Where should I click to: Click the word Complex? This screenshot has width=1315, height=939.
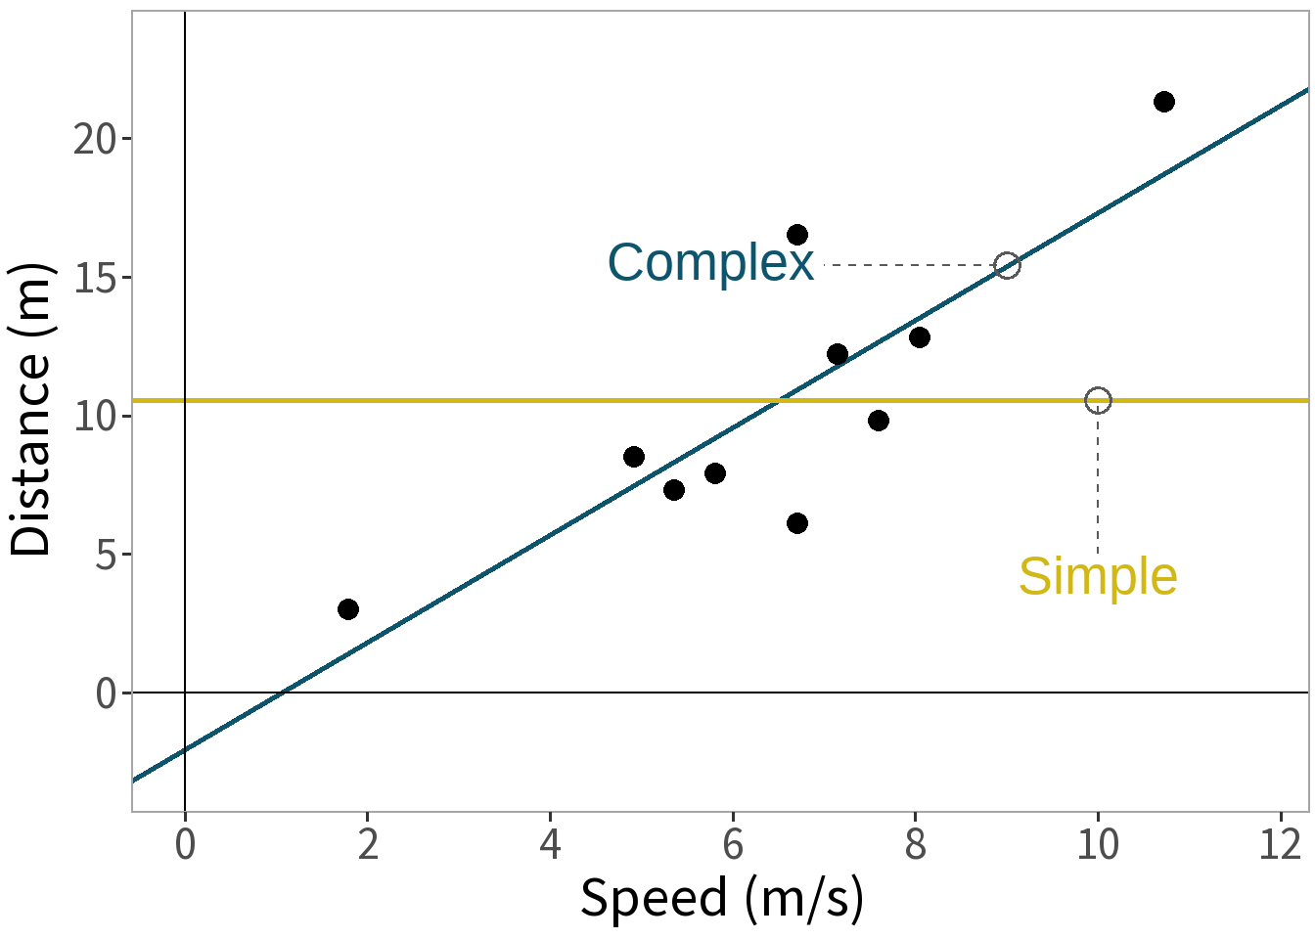[x=710, y=263]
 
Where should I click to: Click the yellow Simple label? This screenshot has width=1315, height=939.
[x=1097, y=576]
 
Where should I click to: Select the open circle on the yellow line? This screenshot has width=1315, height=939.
[x=1098, y=400]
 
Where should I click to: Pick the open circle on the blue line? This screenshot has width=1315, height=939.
[x=1007, y=265]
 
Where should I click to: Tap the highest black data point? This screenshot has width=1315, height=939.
[x=1163, y=102]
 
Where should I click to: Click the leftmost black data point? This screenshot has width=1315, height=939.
[x=347, y=609]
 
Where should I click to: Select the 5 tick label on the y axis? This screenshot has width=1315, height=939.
[x=107, y=556]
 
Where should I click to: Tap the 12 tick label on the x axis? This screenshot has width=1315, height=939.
[x=1280, y=844]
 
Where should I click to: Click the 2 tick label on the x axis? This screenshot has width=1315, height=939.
[x=368, y=844]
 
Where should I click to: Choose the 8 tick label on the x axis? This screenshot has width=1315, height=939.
[x=915, y=844]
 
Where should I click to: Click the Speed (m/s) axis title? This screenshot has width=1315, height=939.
[x=722, y=898]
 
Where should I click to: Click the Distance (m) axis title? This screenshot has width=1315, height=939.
[x=30, y=410]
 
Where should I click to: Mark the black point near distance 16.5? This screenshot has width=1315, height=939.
[x=797, y=235]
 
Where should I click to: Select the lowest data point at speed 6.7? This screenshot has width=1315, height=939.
[x=797, y=523]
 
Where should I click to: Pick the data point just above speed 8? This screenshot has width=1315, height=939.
[x=919, y=337]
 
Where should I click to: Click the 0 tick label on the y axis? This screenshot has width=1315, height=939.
[x=107, y=694]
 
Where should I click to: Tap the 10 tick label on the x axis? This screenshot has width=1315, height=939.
[x=1097, y=844]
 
